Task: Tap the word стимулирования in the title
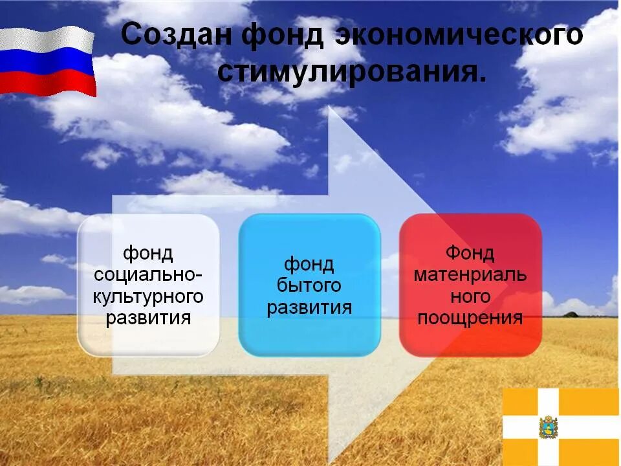(350, 72)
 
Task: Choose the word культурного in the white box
(148, 296)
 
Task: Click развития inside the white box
(148, 318)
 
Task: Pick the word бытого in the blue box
(309, 285)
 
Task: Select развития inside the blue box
(309, 307)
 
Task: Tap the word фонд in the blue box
(309, 264)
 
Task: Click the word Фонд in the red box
(470, 252)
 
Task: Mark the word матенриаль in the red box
(470, 274)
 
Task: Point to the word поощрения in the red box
(470, 318)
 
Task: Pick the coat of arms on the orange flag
(548, 428)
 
